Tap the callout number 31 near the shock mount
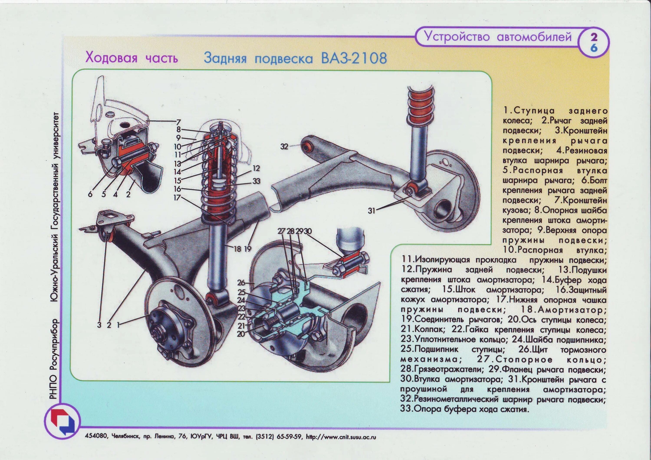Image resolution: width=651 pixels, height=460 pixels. point(372,211)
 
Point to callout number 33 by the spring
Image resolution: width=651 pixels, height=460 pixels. point(256,181)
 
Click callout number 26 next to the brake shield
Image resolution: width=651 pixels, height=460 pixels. point(241,283)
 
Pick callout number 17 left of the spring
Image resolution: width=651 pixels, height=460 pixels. point(177,198)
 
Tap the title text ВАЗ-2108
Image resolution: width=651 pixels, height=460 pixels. point(354,58)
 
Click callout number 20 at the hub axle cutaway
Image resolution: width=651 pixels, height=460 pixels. point(241,334)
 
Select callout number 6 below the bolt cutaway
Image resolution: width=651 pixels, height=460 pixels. point(90,194)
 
